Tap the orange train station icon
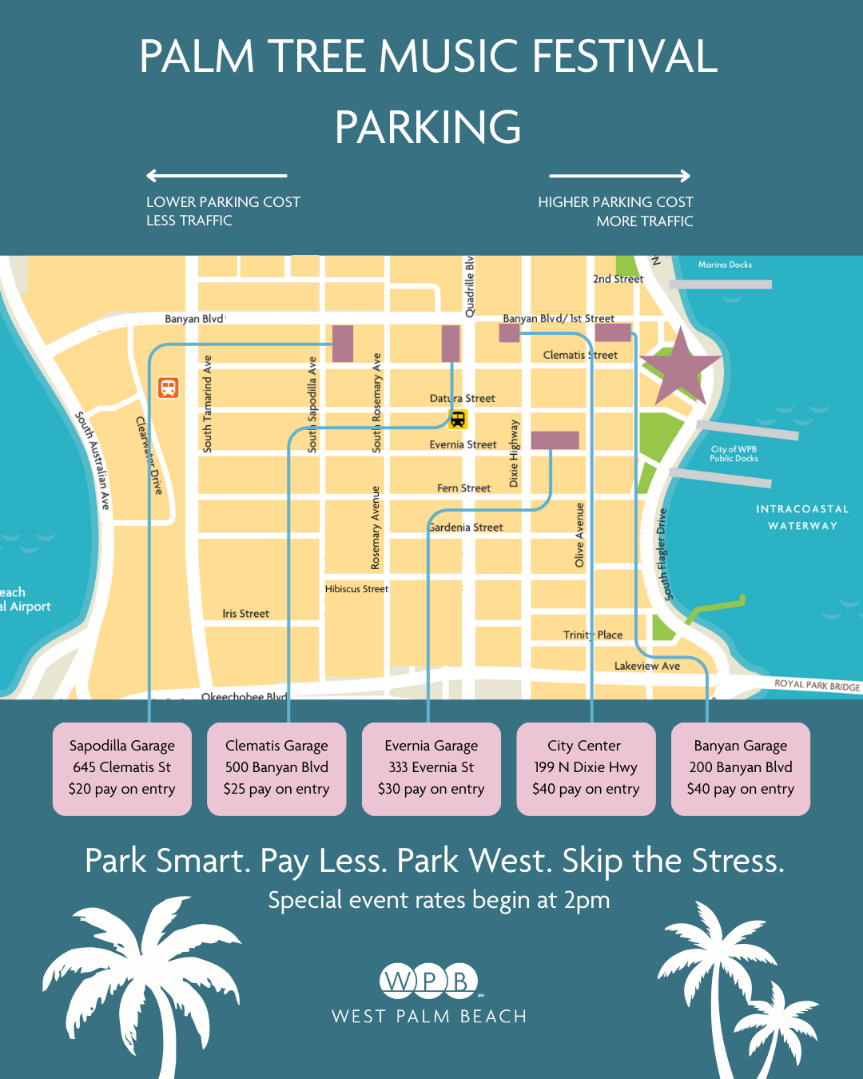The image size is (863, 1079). (168, 388)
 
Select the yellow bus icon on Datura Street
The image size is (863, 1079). (458, 419)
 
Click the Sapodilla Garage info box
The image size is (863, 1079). (122, 768)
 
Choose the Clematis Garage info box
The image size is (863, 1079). (276, 768)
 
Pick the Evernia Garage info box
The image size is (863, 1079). (431, 768)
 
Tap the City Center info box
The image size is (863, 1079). (586, 768)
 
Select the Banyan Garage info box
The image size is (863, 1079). (741, 768)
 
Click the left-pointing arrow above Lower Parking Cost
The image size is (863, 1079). (216, 176)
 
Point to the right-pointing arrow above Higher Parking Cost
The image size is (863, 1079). (620, 176)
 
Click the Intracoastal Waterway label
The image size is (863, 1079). (802, 517)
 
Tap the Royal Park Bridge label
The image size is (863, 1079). (817, 685)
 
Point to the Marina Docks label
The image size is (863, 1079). (725, 265)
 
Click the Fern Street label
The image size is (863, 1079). (463, 488)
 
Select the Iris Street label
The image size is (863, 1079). (245, 614)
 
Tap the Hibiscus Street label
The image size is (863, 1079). (356, 589)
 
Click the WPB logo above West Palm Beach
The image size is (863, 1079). (429, 981)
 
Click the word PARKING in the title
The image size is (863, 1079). (428, 127)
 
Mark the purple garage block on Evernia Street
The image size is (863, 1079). (555, 440)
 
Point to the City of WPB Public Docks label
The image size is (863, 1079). (734, 454)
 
